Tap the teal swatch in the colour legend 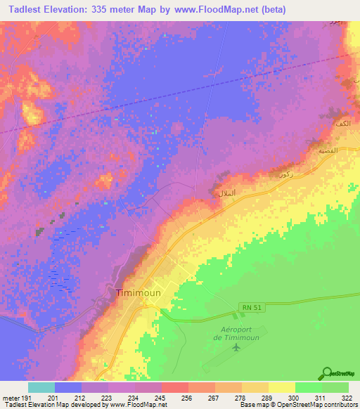(41, 387)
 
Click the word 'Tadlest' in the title (27, 8)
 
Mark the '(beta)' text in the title (270, 8)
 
